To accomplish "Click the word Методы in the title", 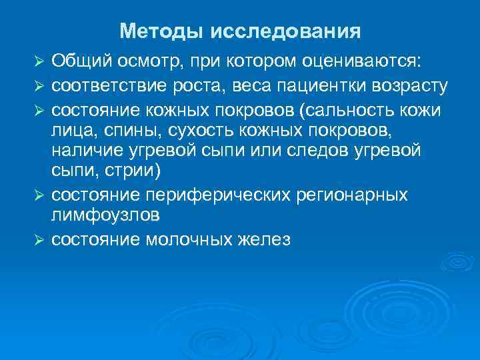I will click(161, 31).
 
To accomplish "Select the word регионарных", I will click(359, 195).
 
